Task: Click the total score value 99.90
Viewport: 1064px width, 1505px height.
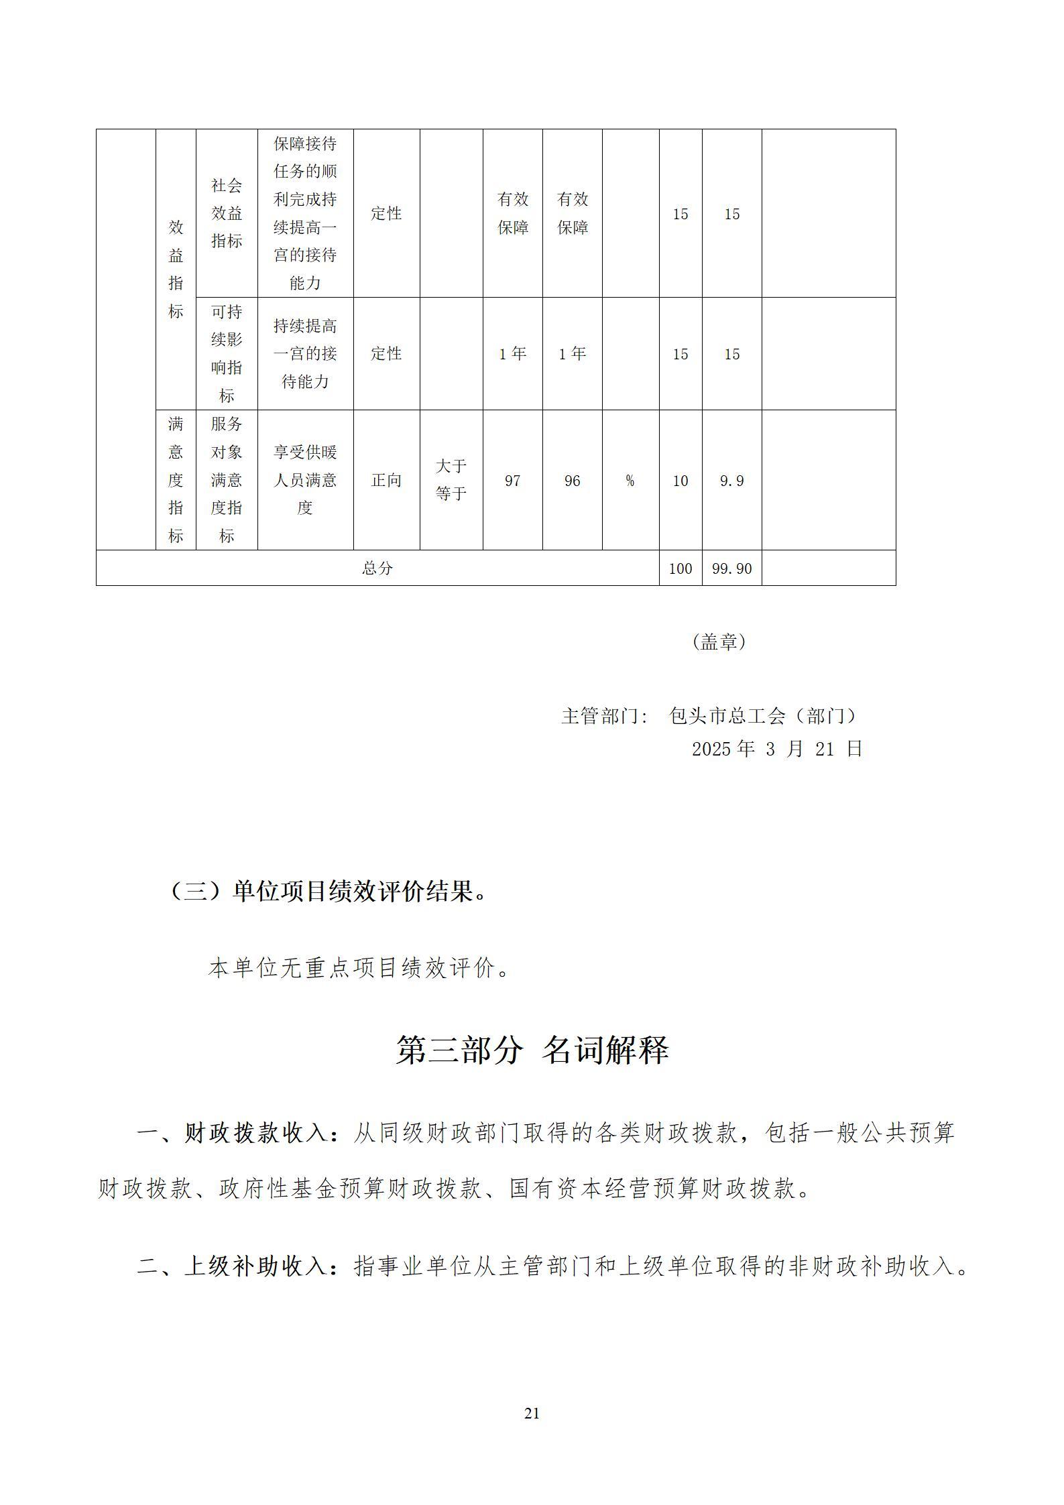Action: click(x=731, y=568)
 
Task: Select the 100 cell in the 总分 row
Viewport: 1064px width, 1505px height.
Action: click(x=680, y=568)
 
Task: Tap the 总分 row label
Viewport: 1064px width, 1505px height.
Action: click(x=377, y=568)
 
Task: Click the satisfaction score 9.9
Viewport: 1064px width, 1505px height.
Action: click(x=731, y=481)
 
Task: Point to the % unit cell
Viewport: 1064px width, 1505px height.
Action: click(x=630, y=481)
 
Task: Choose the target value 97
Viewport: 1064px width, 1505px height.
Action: click(x=512, y=481)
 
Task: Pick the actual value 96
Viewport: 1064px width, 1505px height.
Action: click(x=572, y=481)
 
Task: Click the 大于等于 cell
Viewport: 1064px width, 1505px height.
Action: click(x=451, y=480)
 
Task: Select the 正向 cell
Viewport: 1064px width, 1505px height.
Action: click(x=386, y=481)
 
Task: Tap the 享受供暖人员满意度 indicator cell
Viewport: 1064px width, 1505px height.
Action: click(x=305, y=480)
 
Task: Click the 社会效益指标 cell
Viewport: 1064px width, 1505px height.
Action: click(x=227, y=213)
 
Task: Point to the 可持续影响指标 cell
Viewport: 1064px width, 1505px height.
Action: click(x=227, y=353)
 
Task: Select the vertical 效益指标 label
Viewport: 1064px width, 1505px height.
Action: click(x=176, y=269)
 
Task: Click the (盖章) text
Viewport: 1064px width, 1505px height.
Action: click(x=719, y=642)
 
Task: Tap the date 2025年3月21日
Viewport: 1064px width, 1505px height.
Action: click(x=776, y=749)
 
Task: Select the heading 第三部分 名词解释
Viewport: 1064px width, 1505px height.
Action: click(x=532, y=1050)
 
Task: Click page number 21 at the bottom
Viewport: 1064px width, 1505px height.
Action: click(x=532, y=1414)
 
